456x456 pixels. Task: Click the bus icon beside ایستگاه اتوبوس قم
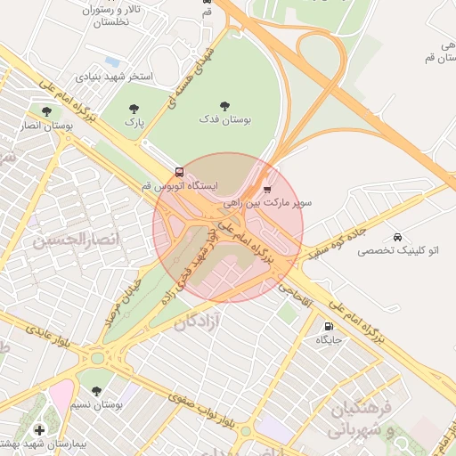(x=180, y=172)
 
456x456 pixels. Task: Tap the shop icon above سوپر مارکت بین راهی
(x=267, y=188)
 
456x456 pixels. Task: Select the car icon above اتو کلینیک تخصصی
(x=396, y=238)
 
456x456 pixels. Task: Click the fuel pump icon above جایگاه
(x=330, y=326)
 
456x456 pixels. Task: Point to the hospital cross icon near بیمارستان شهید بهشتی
(x=38, y=430)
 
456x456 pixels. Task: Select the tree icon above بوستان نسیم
(x=96, y=391)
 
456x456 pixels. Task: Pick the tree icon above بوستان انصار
(x=45, y=111)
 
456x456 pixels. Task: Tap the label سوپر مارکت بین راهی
(x=280, y=203)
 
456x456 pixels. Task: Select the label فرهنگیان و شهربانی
(x=362, y=420)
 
